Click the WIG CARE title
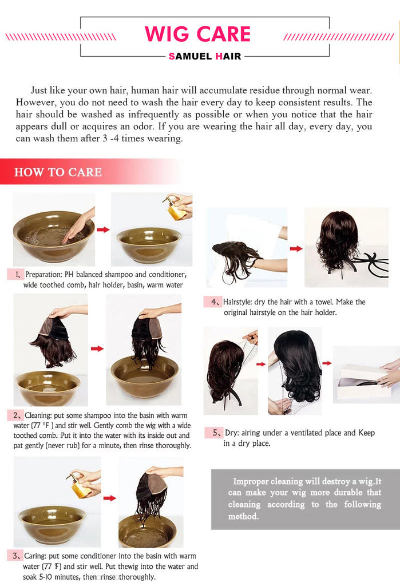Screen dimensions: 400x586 [x=197, y=34]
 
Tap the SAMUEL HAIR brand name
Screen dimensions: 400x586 [x=205, y=57]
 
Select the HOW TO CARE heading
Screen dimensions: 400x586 [x=58, y=172]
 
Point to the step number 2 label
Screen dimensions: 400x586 [x=16, y=415]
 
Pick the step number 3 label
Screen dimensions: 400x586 [x=15, y=556]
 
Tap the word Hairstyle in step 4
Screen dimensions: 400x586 [x=237, y=302]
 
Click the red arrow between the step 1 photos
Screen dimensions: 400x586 [x=103, y=229]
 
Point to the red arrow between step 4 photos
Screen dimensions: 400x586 [x=296, y=248]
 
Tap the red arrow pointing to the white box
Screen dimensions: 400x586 [x=327, y=363]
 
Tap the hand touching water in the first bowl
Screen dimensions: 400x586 [x=78, y=226]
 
